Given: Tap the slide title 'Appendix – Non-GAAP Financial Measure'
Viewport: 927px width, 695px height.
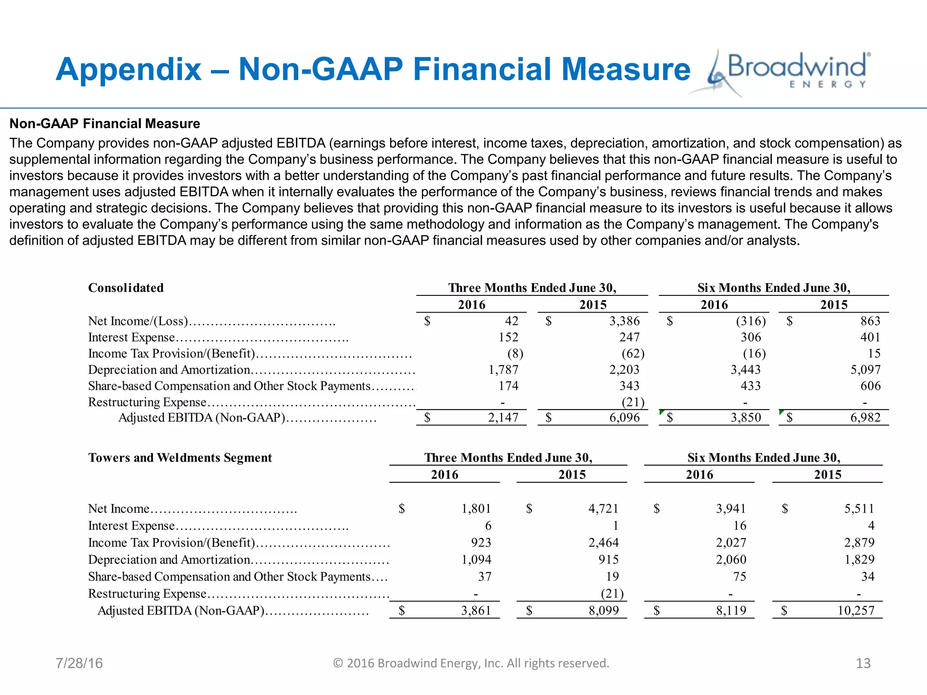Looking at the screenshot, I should (373, 70).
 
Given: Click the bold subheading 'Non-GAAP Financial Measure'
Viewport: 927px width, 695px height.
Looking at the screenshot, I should (105, 124).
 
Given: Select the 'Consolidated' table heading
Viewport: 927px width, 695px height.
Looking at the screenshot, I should (126, 288).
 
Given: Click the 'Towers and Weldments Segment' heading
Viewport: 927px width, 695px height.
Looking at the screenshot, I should (180, 457).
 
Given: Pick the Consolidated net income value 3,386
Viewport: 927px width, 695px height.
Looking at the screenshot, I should (624, 321).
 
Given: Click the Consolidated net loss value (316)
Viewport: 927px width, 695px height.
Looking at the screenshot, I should (750, 321).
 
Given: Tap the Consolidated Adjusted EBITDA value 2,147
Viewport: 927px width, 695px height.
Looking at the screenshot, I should (503, 417).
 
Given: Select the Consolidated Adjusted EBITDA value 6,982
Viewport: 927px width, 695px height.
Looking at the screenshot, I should (865, 417).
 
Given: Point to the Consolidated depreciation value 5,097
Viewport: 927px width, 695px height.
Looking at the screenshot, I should (865, 370).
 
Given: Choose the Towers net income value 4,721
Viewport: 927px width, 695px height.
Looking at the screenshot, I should (603, 509).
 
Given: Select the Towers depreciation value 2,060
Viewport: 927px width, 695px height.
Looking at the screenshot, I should (731, 560).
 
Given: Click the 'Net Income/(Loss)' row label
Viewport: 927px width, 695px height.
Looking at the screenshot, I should (138, 321).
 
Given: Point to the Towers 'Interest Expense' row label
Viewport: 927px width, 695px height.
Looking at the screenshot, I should (131, 525).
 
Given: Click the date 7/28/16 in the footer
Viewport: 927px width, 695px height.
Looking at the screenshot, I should (79, 663).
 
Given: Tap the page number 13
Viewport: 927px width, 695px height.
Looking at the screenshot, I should (863, 663).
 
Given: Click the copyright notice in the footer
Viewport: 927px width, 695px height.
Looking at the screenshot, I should (471, 663).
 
